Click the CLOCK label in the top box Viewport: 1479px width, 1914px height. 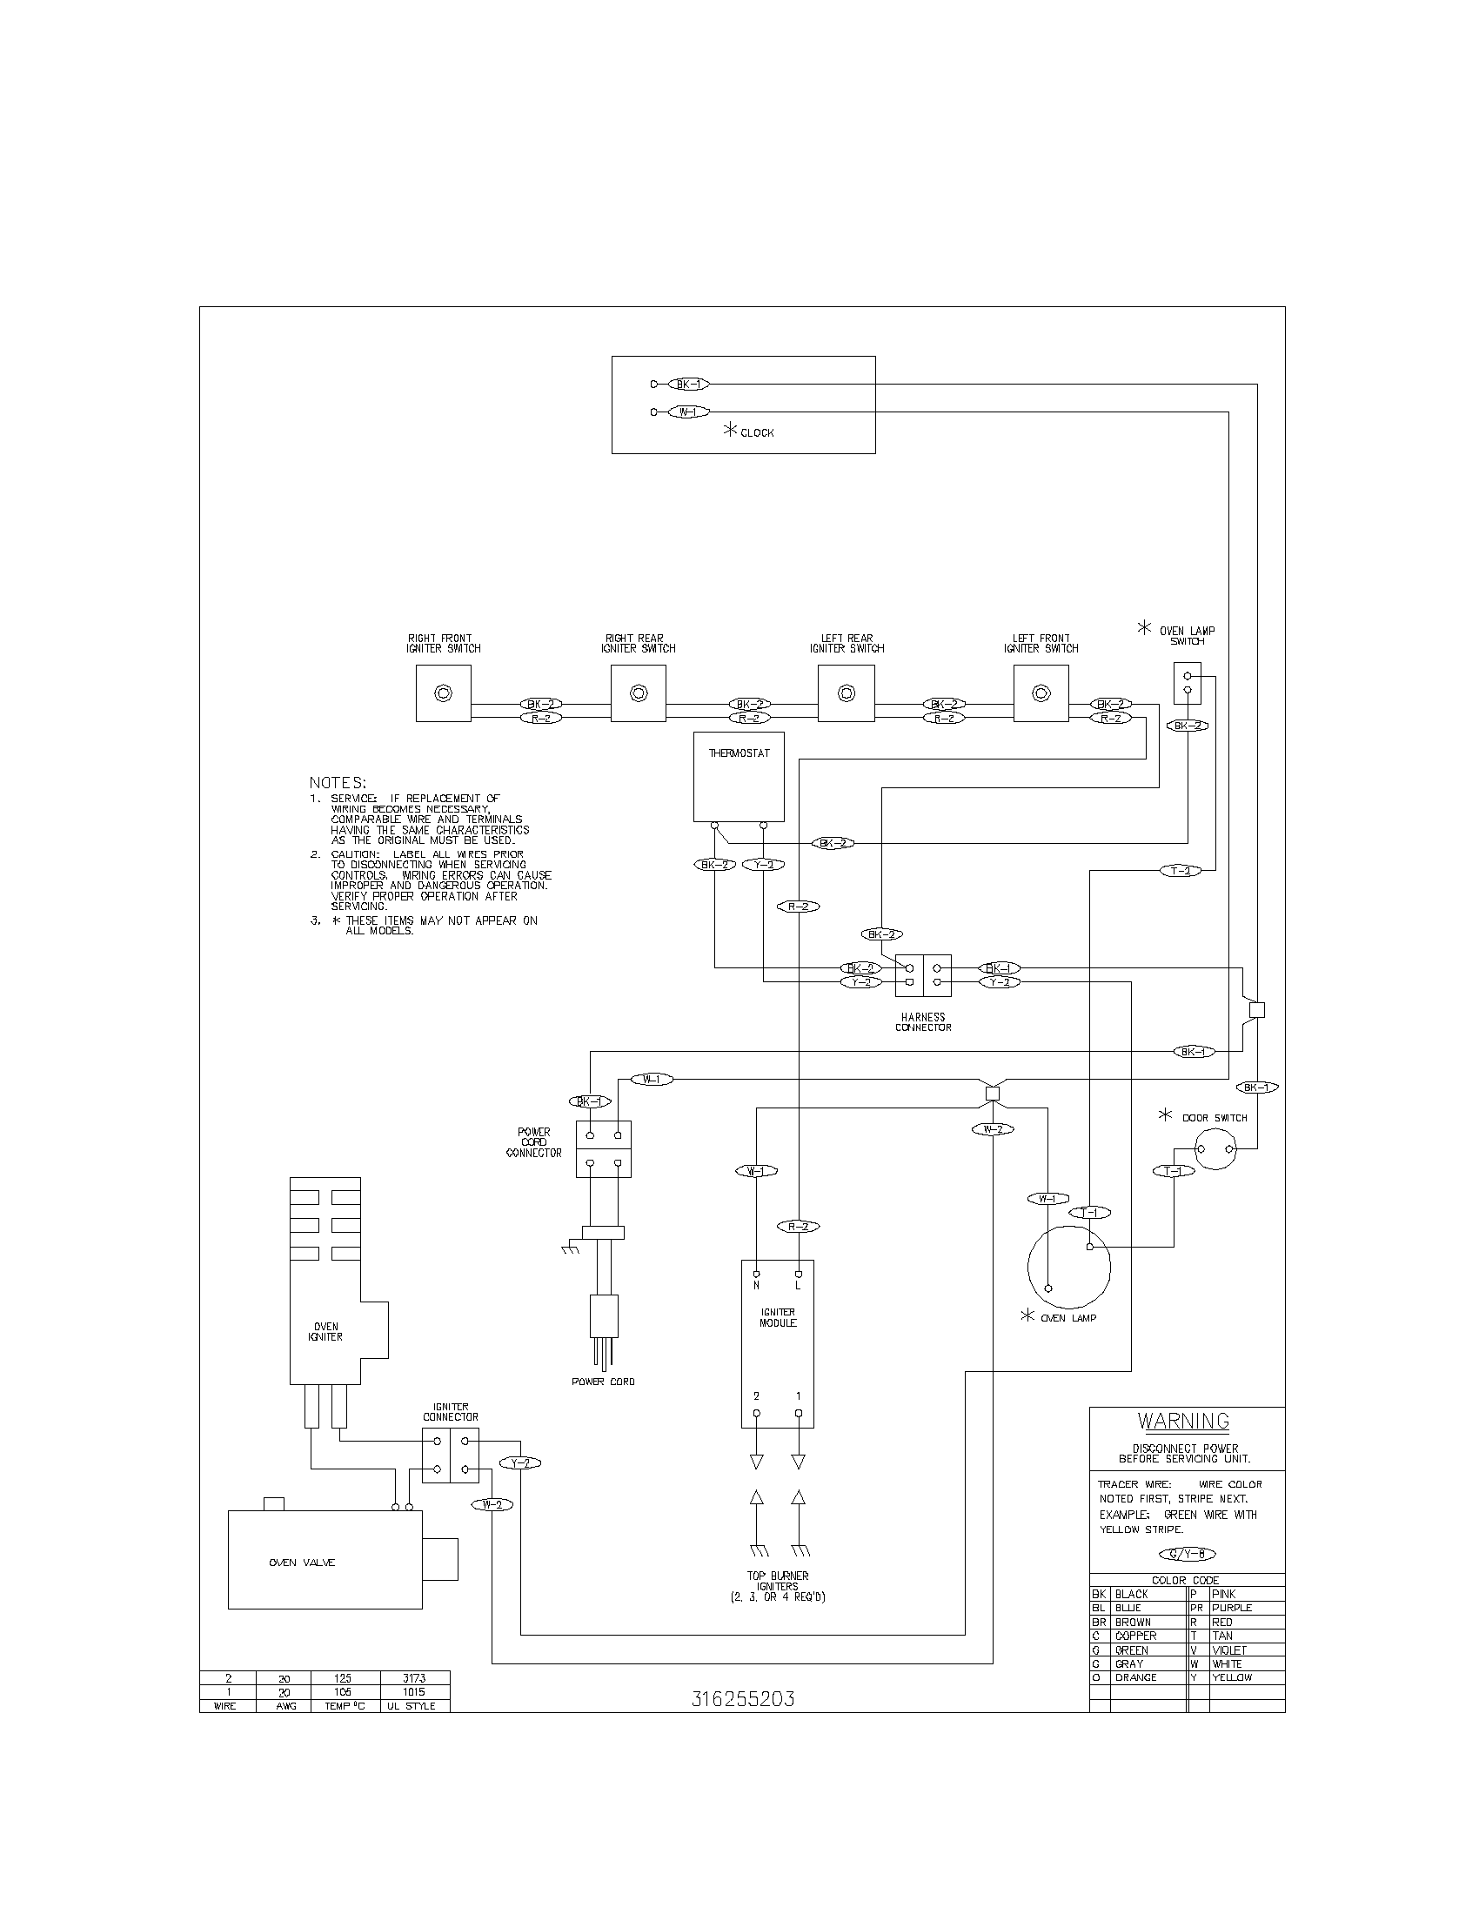[x=757, y=433]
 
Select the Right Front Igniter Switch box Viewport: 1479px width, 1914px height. [x=444, y=693]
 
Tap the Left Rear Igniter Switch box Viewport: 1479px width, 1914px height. [x=846, y=693]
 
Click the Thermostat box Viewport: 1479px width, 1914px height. [x=739, y=777]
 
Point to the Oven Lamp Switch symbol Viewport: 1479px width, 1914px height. [x=1188, y=683]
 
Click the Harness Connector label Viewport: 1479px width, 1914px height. [x=922, y=1022]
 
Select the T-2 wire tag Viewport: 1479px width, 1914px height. [x=1181, y=870]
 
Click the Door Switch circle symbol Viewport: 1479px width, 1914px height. [x=1215, y=1149]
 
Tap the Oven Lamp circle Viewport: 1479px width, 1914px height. [x=1069, y=1267]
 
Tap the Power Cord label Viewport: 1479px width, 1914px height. [x=603, y=1382]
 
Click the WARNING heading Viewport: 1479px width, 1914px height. [x=1183, y=1421]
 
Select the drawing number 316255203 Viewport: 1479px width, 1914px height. [x=742, y=1698]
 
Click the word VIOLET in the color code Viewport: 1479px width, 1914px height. [x=1228, y=1650]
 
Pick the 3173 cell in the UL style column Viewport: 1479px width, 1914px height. [x=413, y=1677]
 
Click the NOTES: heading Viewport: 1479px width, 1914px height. [x=338, y=782]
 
